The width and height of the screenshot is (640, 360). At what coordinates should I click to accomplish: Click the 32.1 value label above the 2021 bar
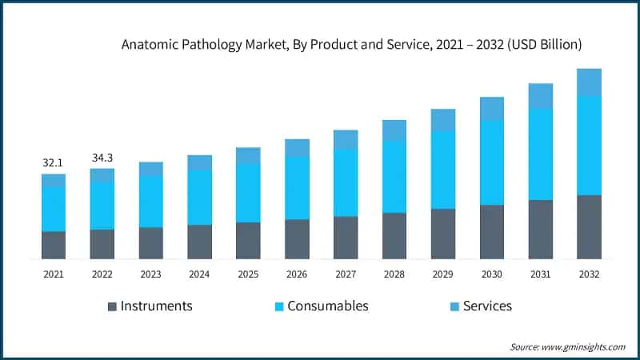pyautogui.click(x=53, y=163)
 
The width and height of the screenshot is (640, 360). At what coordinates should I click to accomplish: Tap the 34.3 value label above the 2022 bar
pyautogui.click(x=102, y=158)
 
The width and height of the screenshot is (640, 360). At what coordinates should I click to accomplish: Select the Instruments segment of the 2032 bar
pyautogui.click(x=589, y=226)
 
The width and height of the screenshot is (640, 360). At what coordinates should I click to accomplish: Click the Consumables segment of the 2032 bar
pyautogui.click(x=589, y=145)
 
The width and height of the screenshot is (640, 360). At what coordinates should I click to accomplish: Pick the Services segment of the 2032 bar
pyautogui.click(x=589, y=82)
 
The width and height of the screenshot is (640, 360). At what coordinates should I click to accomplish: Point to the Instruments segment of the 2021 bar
pyautogui.click(x=53, y=245)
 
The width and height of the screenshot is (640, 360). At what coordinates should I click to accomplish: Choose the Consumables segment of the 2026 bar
pyautogui.click(x=297, y=188)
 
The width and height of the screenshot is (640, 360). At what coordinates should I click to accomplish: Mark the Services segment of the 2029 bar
pyautogui.click(x=443, y=120)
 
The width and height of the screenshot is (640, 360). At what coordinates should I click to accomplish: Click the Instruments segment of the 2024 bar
pyautogui.click(x=199, y=242)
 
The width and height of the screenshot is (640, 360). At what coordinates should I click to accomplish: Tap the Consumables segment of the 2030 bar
pyautogui.click(x=492, y=162)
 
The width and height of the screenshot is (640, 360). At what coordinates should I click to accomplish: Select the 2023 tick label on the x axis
pyautogui.click(x=150, y=274)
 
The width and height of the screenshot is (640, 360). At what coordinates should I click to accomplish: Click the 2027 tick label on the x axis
pyautogui.click(x=346, y=274)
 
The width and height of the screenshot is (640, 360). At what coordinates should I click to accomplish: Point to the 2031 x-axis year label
pyautogui.click(x=541, y=274)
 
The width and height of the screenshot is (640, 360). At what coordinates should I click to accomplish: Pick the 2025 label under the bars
pyautogui.click(x=248, y=274)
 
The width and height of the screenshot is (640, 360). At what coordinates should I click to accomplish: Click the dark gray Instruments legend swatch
pyautogui.click(x=112, y=306)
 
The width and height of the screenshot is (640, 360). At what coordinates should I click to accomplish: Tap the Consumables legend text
pyautogui.click(x=327, y=306)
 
